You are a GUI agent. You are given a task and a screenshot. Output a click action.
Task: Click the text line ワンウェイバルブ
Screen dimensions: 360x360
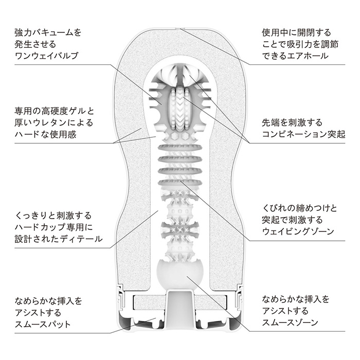coord(46,56)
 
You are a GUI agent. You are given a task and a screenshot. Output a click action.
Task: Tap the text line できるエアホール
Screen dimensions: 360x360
coord(295,56)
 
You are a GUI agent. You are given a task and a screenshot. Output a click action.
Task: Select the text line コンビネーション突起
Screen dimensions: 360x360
coord(303,134)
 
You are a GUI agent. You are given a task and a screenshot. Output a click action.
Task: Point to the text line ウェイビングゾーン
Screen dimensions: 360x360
coord(298,231)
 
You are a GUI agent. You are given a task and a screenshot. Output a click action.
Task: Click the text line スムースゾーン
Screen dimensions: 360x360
coord(290,322)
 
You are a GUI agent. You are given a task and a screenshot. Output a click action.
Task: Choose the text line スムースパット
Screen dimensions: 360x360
coord(43,324)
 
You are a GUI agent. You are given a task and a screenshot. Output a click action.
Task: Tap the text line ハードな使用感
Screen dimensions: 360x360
coord(45,134)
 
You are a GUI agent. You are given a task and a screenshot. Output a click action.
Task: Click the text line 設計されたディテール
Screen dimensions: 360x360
coord(59,239)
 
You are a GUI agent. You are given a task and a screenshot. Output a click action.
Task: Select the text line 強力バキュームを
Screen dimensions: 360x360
coord(48,32)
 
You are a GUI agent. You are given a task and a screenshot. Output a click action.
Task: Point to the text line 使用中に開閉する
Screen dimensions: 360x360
coord(296,32)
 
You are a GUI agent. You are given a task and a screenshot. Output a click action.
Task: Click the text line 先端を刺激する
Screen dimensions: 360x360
coord(292,122)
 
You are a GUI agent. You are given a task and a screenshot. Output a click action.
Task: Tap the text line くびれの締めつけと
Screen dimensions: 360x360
coord(299,208)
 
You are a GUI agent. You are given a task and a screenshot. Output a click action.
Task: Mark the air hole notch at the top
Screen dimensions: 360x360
coord(180,29)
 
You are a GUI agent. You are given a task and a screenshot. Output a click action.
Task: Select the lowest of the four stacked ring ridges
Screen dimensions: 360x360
coord(180,183)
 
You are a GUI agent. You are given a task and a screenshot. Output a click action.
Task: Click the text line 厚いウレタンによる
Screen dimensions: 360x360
coord(53,122)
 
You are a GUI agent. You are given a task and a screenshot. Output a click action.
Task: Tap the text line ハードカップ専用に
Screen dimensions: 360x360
coord(53,227)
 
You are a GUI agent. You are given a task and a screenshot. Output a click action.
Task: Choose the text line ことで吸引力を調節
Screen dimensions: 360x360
coord(300,44)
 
